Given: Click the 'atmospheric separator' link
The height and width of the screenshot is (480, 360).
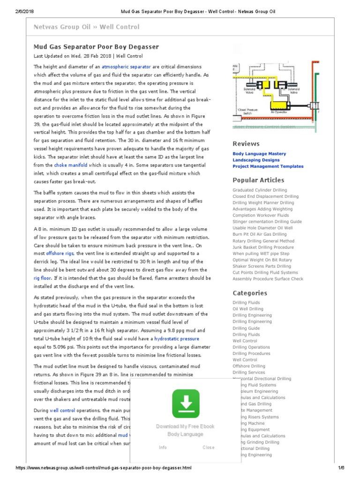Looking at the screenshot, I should pos(127,67).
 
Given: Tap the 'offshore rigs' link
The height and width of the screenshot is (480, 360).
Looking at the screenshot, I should pos(60,253).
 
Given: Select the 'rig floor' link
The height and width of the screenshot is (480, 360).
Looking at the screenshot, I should pos(42,277).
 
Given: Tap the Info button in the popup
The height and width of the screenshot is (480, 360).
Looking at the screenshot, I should pos(163,447).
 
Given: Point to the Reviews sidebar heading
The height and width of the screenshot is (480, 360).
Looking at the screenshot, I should pos(246,144).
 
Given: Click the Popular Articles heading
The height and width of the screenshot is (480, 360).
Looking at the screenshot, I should pos(258,180).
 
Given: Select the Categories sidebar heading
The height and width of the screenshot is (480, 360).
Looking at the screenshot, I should pos(250,293).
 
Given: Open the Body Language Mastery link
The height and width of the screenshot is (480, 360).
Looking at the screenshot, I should pos(259,154).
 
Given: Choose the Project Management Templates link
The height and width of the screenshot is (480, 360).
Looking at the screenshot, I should pos(268,166).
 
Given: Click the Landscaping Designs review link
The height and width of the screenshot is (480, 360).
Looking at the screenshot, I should pos(256,160).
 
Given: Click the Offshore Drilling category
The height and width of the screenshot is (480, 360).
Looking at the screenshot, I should pos(248,366).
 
